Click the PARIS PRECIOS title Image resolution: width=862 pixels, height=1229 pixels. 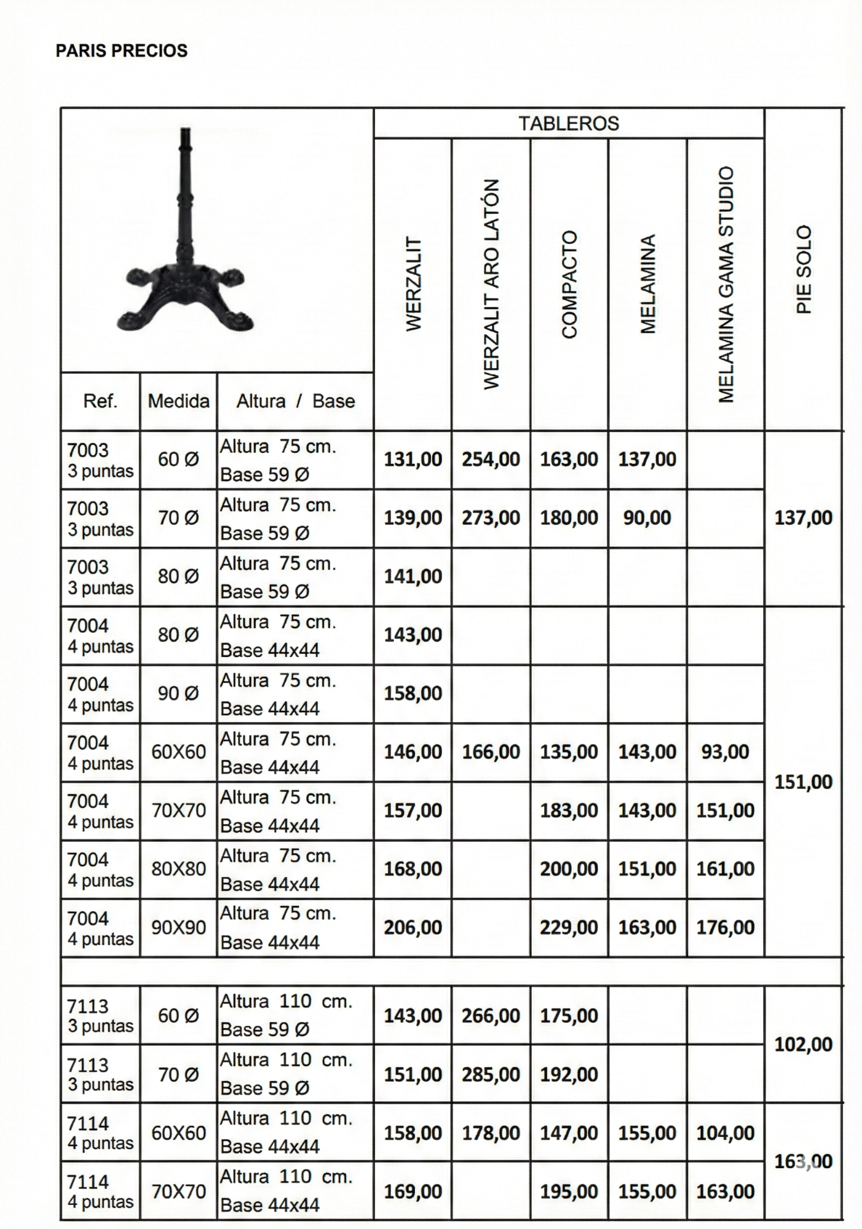point(122,50)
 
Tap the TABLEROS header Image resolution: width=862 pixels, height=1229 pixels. point(569,124)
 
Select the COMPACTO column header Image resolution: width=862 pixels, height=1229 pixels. point(570,285)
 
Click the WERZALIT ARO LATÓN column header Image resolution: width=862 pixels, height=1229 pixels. point(491,285)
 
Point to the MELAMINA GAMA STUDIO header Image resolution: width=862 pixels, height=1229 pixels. point(726,285)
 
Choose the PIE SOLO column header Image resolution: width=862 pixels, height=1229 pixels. point(804,270)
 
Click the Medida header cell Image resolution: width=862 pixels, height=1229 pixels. point(178,401)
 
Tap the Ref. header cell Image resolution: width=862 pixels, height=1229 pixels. point(100,401)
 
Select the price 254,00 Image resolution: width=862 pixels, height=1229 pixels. point(491,459)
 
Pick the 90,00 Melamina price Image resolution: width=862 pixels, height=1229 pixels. point(647,517)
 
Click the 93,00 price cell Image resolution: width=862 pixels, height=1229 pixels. point(726,752)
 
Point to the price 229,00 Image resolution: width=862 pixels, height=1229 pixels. point(569,927)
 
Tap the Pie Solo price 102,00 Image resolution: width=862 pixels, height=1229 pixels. point(803,1044)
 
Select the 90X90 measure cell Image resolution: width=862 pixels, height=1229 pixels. point(178,927)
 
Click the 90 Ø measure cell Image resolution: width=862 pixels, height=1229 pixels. point(178,693)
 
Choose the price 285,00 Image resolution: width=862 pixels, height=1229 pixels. point(491,1074)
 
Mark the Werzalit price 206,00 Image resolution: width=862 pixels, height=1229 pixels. point(413,927)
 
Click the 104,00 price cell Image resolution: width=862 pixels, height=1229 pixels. point(726,1133)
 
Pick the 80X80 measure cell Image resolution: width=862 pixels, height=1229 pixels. point(178,869)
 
